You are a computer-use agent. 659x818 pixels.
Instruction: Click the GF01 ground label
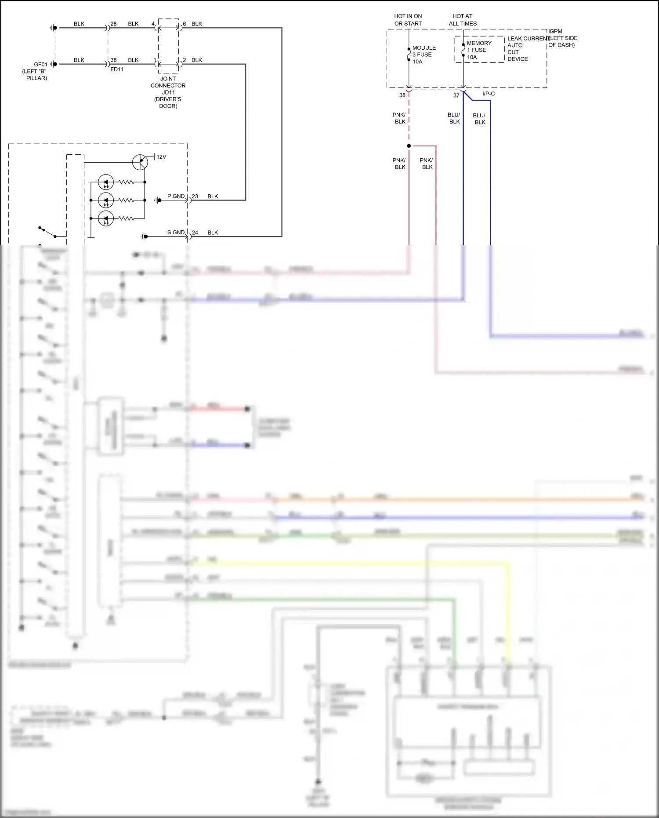pos(40,65)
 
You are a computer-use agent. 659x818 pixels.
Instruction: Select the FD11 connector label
pos(117,69)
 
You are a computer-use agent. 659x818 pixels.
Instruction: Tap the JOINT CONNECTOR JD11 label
pos(168,86)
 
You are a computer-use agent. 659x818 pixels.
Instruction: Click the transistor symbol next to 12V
pos(140,162)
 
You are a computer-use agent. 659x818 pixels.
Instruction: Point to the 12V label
pos(161,157)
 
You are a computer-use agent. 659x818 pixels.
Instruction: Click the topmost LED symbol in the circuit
pos(106,182)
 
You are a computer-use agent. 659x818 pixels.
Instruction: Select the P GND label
pos(176,196)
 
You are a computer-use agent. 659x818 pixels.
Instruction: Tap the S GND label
pos(176,233)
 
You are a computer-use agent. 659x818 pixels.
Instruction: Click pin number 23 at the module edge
pos(195,196)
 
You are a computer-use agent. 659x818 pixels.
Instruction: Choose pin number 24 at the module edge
pos(195,233)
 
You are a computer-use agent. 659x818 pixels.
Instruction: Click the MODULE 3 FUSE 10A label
pos(424,55)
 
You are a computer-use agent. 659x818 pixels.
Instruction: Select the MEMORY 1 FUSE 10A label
pos(479,50)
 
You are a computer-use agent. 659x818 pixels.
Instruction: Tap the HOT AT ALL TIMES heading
pos(463,20)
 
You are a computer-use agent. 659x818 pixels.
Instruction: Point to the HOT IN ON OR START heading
pos(408,20)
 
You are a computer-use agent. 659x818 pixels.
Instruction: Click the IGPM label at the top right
pos(555,32)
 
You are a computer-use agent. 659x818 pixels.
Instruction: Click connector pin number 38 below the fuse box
pos(402,95)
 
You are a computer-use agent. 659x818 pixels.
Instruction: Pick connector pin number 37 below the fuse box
pos(456,95)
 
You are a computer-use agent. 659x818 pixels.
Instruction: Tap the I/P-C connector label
pos(489,94)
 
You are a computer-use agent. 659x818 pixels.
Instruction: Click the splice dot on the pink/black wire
pos(409,146)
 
